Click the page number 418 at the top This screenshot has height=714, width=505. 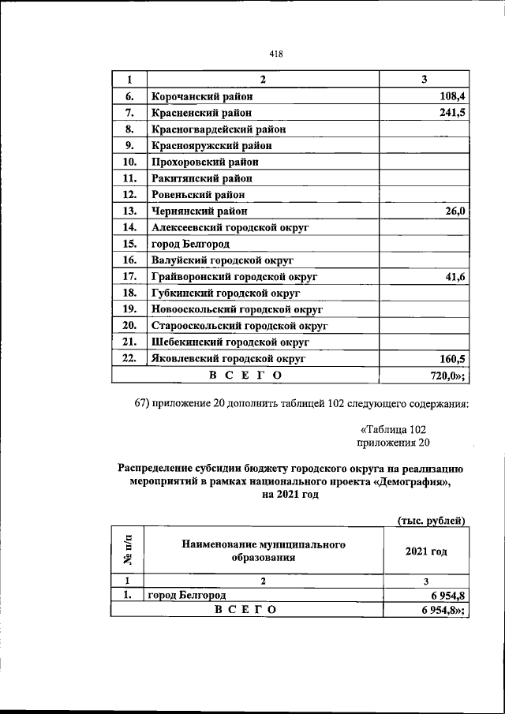pos(275,54)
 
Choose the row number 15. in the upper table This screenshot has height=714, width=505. pos(131,243)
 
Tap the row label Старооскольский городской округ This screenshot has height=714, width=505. pos(239,325)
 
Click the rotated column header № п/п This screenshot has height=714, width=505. pos(129,550)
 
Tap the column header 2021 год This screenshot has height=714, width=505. pos(426,551)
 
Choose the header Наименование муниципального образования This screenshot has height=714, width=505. pos(264,551)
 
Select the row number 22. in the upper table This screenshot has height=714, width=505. pos(131,358)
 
